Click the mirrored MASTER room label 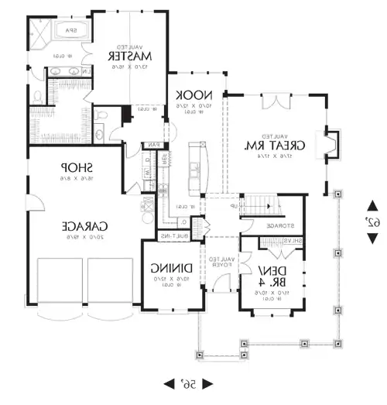click(128, 56)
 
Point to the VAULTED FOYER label click(220, 261)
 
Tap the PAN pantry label click(155, 144)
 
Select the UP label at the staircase click(234, 207)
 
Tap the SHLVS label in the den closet click(292, 241)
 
